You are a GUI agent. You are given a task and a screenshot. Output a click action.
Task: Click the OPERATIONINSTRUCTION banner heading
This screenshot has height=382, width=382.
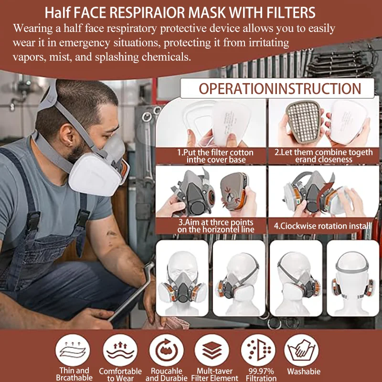[x=280, y=89]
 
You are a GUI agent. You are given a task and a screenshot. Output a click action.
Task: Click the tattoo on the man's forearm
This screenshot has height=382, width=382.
[x=111, y=235]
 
